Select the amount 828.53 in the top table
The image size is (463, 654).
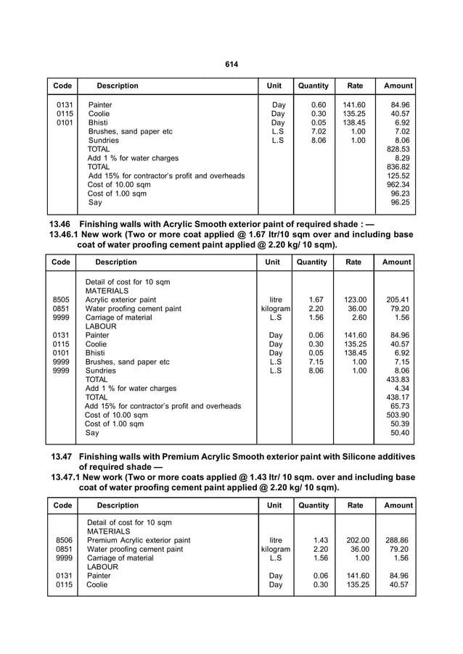click(x=398, y=149)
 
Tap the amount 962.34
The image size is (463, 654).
click(x=398, y=184)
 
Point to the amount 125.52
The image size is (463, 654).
click(x=398, y=175)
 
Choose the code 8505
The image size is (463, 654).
click(x=62, y=299)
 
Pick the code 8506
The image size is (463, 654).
click(x=63, y=540)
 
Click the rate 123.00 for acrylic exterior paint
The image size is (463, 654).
click(x=355, y=299)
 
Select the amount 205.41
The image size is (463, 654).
click(x=398, y=299)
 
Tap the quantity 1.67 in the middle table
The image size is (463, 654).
click(x=316, y=299)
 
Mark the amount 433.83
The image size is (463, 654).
click(x=398, y=379)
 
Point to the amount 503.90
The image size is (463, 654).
click(x=398, y=415)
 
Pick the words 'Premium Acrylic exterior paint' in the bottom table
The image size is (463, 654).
click(x=139, y=540)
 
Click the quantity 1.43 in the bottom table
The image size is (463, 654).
click(x=316, y=540)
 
